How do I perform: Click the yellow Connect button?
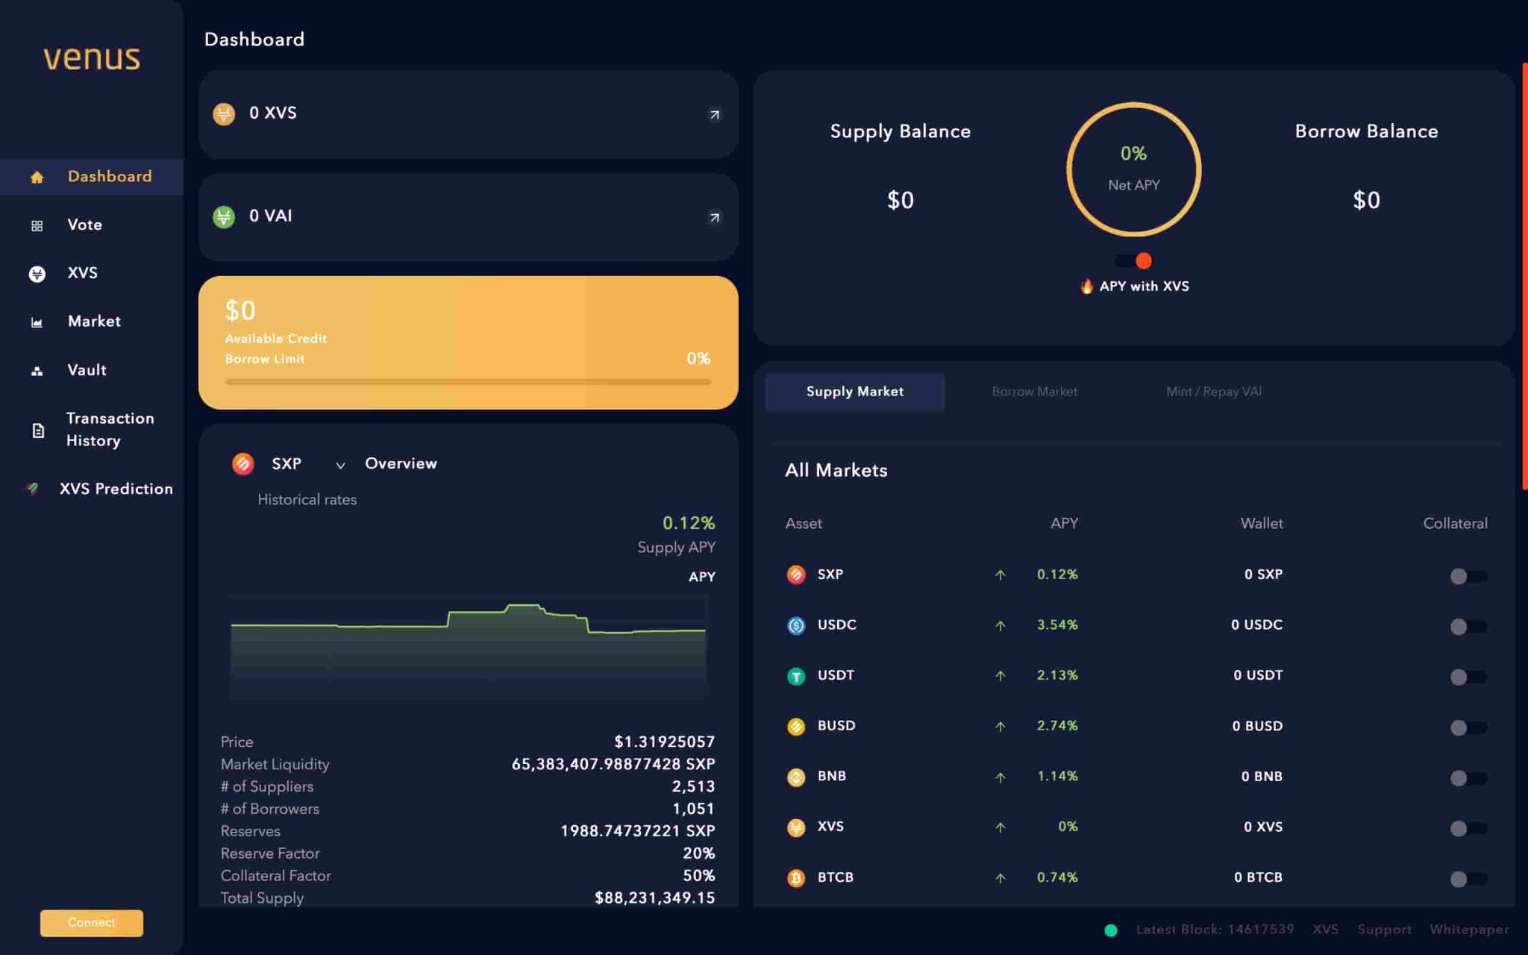click(x=91, y=922)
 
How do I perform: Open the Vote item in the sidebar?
click(x=84, y=225)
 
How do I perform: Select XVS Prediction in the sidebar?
click(x=116, y=489)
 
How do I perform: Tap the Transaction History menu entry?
click(x=110, y=429)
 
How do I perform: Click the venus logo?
click(x=91, y=58)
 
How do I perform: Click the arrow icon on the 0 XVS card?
click(x=714, y=114)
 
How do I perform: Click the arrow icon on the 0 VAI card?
click(x=714, y=217)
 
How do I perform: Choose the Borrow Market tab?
click(x=1034, y=392)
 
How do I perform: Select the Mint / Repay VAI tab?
click(x=1213, y=392)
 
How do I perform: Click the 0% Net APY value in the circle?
click(x=1133, y=154)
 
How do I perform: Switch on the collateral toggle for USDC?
click(x=1467, y=627)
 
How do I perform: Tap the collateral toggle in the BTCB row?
click(x=1467, y=879)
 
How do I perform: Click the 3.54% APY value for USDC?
click(x=1056, y=625)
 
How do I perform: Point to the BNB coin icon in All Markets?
click(x=796, y=777)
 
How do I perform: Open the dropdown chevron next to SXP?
click(x=340, y=465)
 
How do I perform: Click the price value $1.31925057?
click(x=664, y=742)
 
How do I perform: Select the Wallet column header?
click(x=1261, y=524)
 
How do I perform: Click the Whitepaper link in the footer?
click(x=1468, y=930)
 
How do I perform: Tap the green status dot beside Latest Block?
click(x=1110, y=930)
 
